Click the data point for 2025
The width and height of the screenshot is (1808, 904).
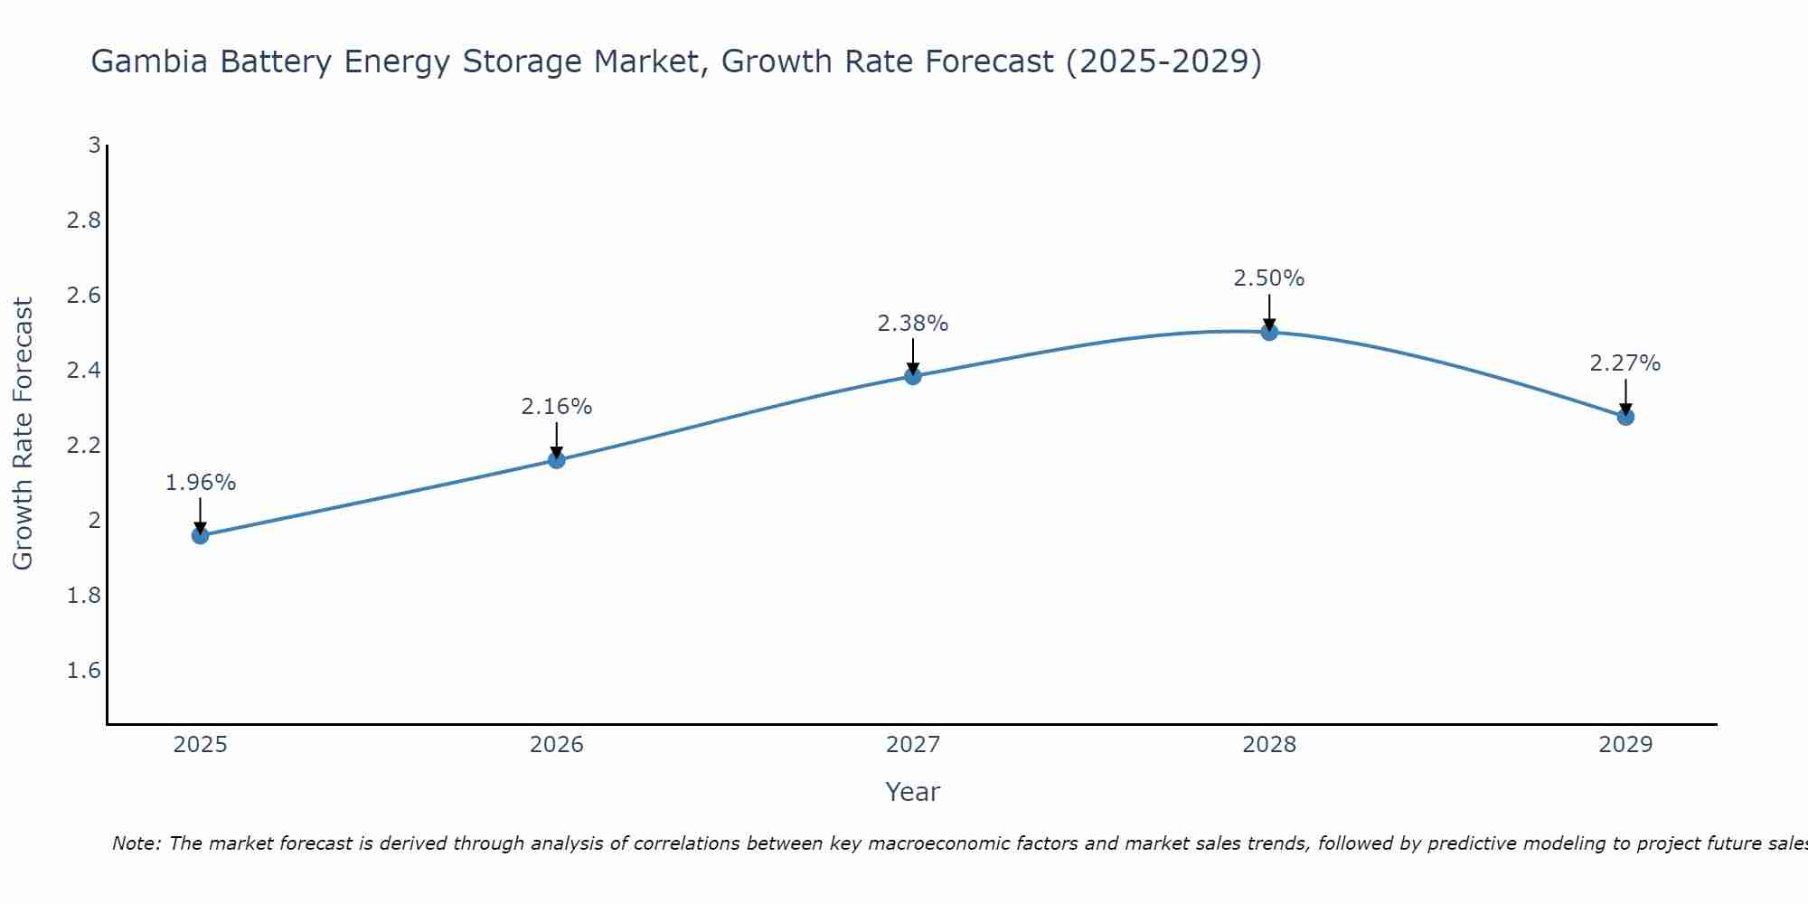click(x=200, y=535)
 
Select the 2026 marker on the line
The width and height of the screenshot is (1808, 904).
click(x=557, y=460)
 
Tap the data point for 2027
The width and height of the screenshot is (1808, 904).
click(x=913, y=376)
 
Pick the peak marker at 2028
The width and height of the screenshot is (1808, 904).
click(x=1269, y=332)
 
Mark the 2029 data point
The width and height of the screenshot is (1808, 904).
click(x=1625, y=417)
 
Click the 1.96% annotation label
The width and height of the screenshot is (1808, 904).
click(x=200, y=483)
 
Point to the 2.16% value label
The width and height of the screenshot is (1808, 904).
click(x=557, y=407)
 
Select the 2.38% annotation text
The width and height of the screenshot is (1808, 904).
click(x=913, y=324)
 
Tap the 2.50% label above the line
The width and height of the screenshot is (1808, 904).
click(x=1269, y=278)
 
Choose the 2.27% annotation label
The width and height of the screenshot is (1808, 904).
click(x=1625, y=363)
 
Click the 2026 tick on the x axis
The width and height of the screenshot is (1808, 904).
click(x=557, y=745)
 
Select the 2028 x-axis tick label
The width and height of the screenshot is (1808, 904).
click(x=1269, y=745)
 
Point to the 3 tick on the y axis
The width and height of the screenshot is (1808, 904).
click(x=94, y=146)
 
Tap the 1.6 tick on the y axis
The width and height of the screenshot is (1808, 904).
click(x=84, y=671)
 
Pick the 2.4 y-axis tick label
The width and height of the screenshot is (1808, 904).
click(x=84, y=371)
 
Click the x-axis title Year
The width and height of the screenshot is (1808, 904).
click(x=913, y=792)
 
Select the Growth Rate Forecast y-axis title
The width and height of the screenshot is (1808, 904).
click(x=23, y=434)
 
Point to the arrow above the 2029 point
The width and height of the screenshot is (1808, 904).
click(x=1625, y=395)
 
